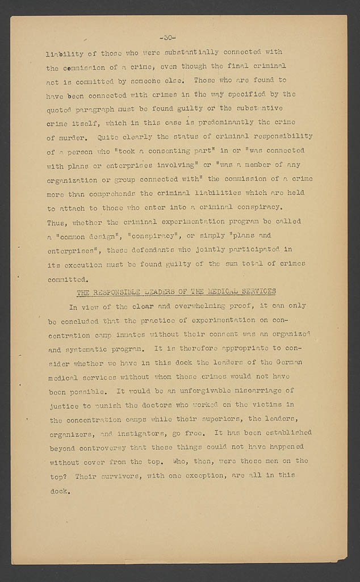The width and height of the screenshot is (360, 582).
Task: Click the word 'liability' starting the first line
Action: point(64,53)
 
